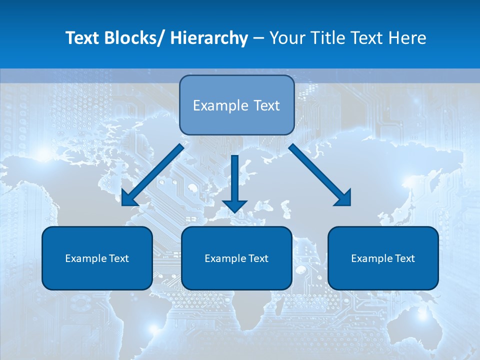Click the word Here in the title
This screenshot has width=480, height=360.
click(408, 38)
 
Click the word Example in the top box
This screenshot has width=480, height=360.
click(213, 105)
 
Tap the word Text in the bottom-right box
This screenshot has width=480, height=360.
click(404, 258)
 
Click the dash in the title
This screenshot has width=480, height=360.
click(258, 38)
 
